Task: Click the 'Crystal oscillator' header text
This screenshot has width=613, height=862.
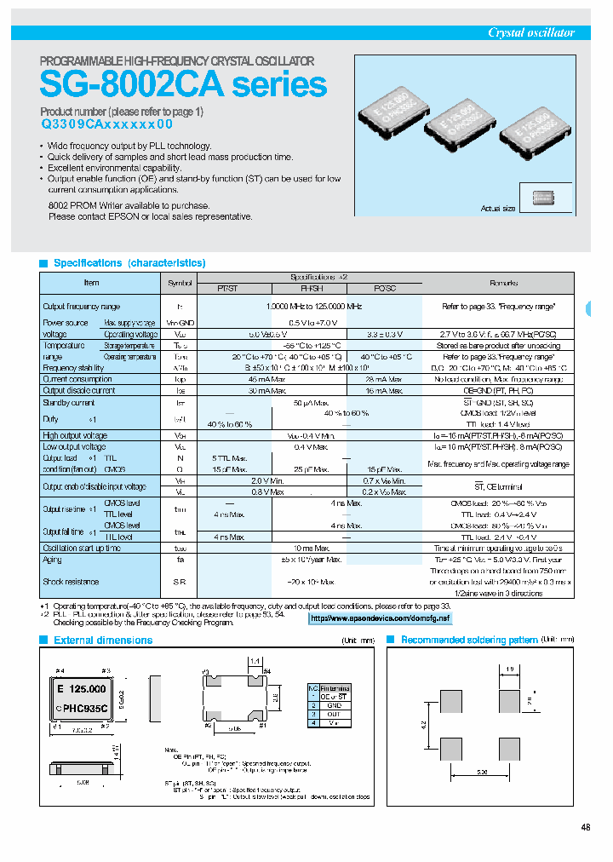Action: tap(530, 32)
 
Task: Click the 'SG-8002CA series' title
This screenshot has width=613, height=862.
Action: tap(183, 84)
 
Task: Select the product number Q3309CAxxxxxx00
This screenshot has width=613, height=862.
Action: tap(106, 124)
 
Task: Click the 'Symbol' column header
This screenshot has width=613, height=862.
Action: tap(180, 282)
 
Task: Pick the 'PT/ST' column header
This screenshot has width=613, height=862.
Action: tap(228, 289)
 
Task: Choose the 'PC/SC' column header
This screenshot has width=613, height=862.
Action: tap(386, 289)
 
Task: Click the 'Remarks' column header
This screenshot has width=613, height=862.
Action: tap(503, 282)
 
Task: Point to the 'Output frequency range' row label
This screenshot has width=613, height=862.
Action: tap(82, 306)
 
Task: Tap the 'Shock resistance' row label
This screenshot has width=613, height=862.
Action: tap(71, 582)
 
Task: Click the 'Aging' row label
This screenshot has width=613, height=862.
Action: tap(52, 560)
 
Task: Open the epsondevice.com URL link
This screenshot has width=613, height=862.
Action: tap(380, 618)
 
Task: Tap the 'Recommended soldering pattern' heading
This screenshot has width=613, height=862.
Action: tap(469, 640)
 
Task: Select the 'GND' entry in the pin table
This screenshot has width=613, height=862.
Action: tap(335, 705)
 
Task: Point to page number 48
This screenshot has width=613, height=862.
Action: tap(585, 826)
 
